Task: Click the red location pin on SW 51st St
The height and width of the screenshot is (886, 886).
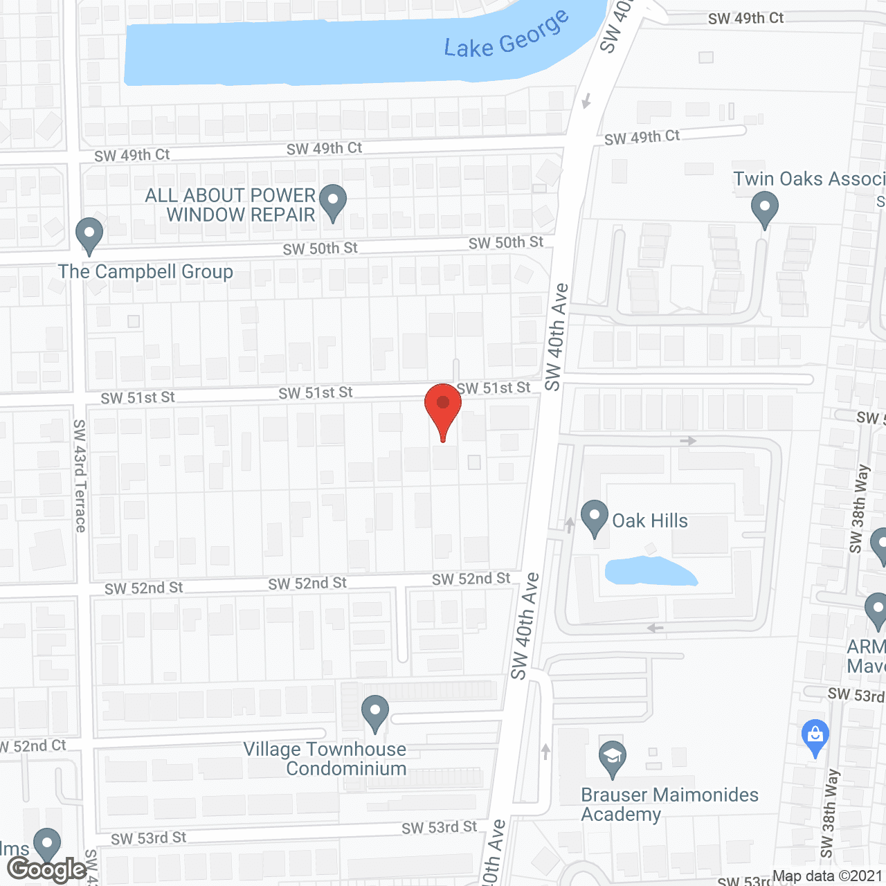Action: [442, 408]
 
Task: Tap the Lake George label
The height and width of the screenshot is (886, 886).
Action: [507, 35]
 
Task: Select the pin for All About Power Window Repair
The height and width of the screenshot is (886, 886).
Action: [333, 202]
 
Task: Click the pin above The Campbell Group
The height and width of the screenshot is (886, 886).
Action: [89, 235]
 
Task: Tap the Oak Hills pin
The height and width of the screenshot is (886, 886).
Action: [594, 518]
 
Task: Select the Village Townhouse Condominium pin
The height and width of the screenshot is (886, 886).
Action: [374, 713]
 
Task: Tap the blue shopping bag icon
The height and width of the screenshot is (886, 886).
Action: [815, 737]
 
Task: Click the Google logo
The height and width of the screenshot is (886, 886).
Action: [47, 869]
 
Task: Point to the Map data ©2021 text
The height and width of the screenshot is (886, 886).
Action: [827, 876]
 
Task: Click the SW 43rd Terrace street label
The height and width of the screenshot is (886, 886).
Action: [80, 476]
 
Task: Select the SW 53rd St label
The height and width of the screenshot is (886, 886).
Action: [440, 828]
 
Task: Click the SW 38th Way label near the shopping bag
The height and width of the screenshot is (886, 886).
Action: [830, 813]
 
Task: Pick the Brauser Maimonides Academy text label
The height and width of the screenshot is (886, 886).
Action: [669, 804]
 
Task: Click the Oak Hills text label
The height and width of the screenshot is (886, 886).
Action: [650, 521]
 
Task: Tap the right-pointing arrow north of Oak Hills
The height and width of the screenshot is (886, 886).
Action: [688, 440]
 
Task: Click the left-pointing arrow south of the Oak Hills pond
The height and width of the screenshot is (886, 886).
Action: [655, 628]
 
